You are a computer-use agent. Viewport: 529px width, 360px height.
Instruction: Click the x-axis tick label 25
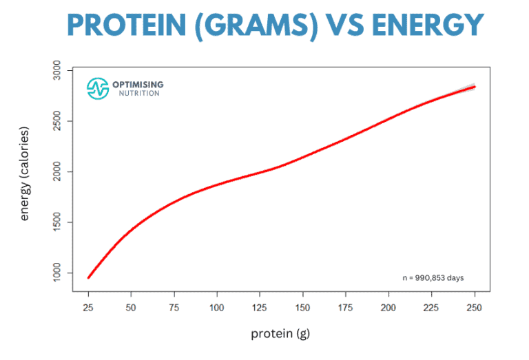tap(88, 306)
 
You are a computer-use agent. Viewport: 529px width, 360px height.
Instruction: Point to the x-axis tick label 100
tap(217, 306)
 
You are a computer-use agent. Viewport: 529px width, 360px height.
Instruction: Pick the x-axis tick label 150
tap(303, 306)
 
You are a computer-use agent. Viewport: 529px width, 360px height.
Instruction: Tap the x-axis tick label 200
tap(389, 306)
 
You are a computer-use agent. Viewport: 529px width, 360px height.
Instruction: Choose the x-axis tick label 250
tap(475, 306)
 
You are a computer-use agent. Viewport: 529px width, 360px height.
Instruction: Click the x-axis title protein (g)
tap(281, 335)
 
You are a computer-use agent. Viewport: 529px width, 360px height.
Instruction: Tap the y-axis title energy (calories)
tap(25, 173)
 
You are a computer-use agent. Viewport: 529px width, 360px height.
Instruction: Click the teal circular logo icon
tap(98, 87)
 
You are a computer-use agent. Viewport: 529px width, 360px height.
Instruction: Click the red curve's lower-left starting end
tap(89, 277)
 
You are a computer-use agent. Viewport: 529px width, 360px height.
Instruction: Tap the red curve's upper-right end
tap(475, 87)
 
